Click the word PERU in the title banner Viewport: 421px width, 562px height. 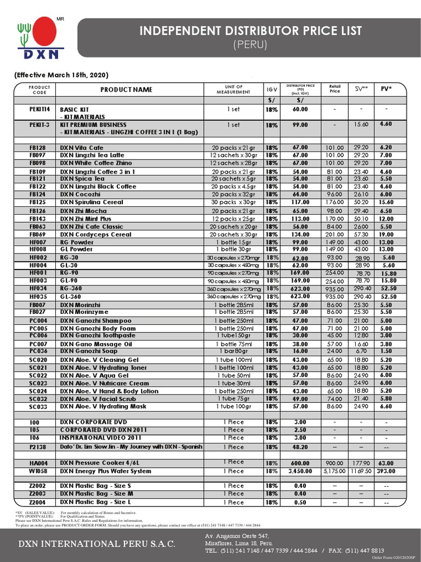(250, 44)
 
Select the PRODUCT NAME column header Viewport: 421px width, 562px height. (127, 89)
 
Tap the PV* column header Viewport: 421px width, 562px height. (386, 88)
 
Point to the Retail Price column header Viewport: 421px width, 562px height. (334, 89)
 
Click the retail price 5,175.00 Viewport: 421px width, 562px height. (334, 471)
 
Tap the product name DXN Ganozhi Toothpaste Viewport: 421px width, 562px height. (98, 336)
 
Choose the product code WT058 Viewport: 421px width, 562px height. (38, 471)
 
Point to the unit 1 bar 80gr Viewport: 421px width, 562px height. (234, 351)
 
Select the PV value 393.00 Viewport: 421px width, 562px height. (386, 471)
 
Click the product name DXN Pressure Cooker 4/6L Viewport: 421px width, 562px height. (99, 463)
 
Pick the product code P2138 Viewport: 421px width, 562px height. (38, 447)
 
